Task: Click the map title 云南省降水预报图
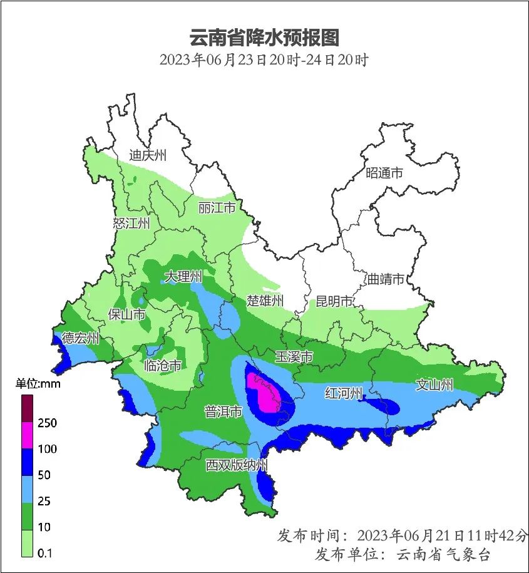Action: [x=264, y=38]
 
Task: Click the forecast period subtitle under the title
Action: [x=264, y=61]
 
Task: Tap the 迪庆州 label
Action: [x=148, y=155]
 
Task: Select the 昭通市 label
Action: [x=384, y=173]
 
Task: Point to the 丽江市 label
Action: [x=216, y=207]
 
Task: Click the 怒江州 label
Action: [x=131, y=224]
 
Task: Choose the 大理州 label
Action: [x=183, y=276]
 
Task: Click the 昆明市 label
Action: [x=334, y=302]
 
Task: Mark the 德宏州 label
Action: [x=81, y=338]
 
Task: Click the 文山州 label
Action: [x=434, y=385]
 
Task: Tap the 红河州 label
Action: [x=344, y=393]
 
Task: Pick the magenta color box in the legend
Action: [x=28, y=435]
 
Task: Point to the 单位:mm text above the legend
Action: [x=38, y=384]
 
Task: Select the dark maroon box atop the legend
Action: [x=28, y=408]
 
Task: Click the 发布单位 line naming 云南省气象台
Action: [x=402, y=554]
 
